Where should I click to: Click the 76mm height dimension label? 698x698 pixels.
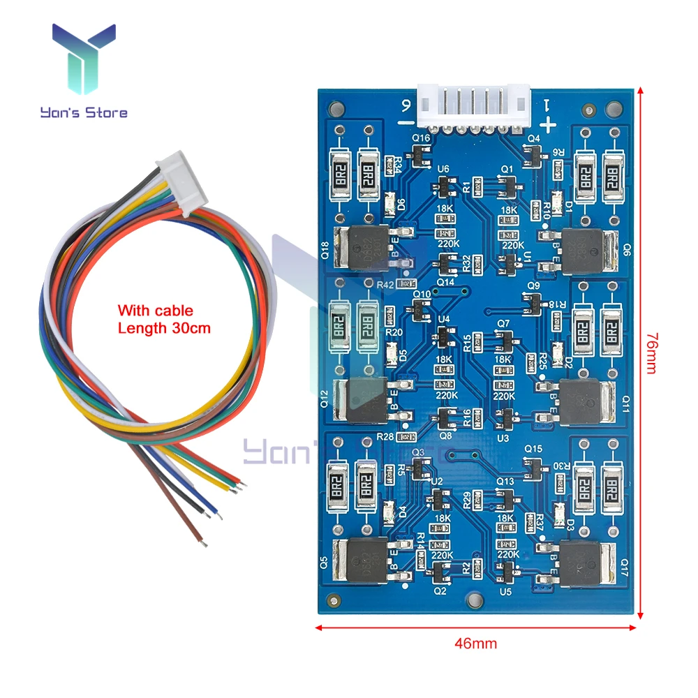[651, 353]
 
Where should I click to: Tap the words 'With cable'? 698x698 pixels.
[154, 311]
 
